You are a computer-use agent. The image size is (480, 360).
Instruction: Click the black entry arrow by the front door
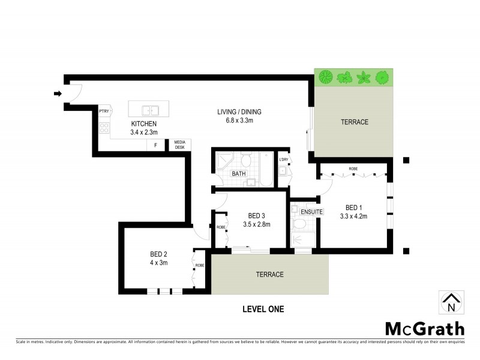point(58,94)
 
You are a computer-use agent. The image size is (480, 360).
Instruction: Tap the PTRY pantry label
point(104,111)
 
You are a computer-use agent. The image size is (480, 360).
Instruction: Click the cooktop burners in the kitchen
point(104,128)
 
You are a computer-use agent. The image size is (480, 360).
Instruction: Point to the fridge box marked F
point(156,145)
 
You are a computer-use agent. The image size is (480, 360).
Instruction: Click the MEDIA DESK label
point(180,145)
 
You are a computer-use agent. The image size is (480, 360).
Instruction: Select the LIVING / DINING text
point(239,112)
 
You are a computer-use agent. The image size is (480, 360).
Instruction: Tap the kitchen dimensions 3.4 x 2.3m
point(143,132)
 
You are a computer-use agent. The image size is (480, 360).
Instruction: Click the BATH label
point(239,174)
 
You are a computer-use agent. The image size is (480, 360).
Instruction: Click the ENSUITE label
point(312,212)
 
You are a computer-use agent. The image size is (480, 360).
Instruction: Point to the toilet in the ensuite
point(299,224)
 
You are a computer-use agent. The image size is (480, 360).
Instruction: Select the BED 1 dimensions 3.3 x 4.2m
point(353,216)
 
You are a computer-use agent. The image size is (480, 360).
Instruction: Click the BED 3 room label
point(257,216)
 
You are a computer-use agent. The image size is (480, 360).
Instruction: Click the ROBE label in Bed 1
point(353,169)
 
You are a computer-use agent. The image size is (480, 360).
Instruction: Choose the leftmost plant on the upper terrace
point(326,77)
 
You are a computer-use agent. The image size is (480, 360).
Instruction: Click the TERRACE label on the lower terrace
point(269,274)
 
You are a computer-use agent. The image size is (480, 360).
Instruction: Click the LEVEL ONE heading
point(263,310)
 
